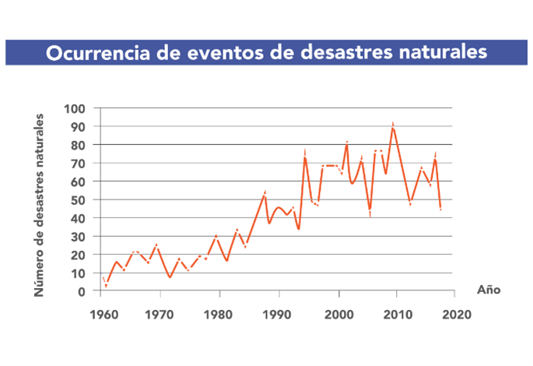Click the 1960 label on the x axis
pos(101,315)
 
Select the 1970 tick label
pos(160,315)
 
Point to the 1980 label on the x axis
pos(219,315)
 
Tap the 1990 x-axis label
pos(279,315)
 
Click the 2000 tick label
pos(338,315)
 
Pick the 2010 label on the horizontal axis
pos(398,315)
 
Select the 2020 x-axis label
pos(457,315)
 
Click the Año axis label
pos(489,290)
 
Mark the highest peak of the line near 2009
pos(393,125)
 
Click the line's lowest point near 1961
pos(107,286)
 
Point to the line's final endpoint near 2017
pos(441,209)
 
